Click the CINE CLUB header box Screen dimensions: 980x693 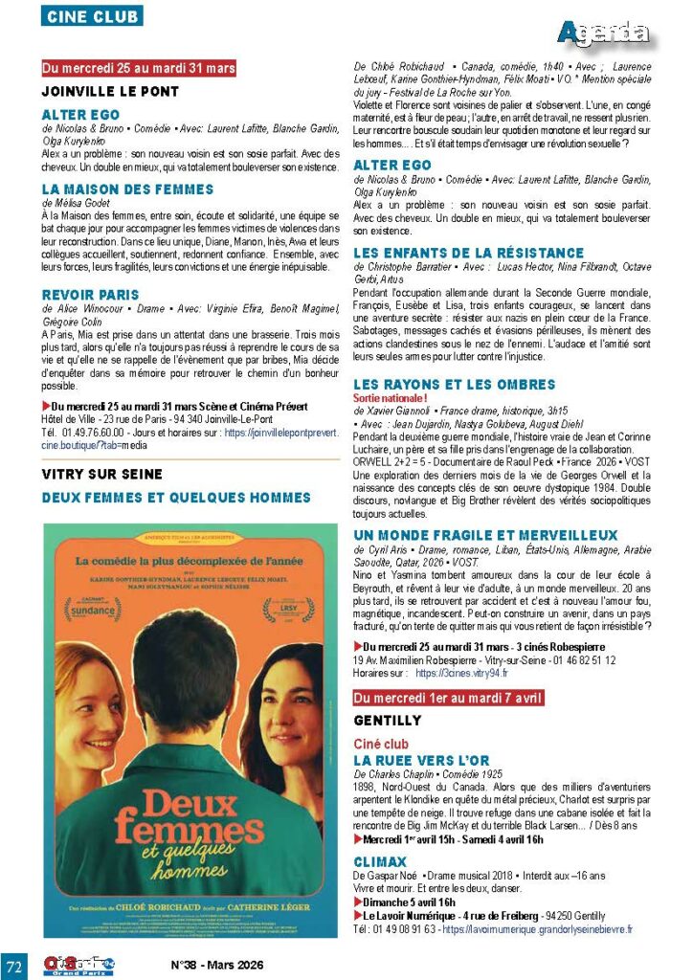pos(92,16)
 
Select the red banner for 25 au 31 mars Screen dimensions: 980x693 pos(139,68)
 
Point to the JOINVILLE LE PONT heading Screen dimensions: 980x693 pos(110,92)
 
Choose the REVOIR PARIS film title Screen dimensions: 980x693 pos(92,295)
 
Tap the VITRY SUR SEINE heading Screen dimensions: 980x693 pos(102,474)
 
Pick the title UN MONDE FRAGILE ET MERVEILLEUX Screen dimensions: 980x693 pos(485,535)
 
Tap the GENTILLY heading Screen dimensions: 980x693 pos(388,720)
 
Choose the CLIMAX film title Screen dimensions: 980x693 pos(380,862)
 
